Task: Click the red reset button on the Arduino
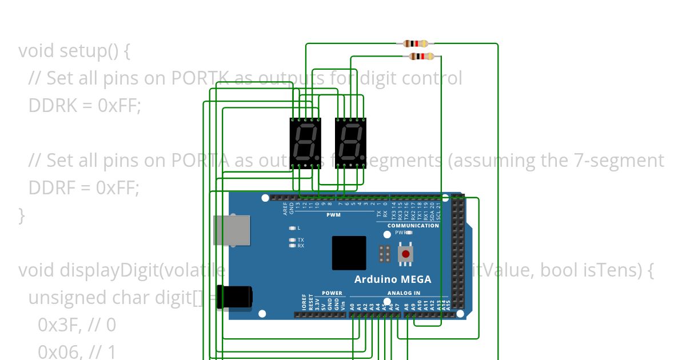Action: pos(406,254)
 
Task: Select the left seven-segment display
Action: pos(306,143)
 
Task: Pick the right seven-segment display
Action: pos(350,143)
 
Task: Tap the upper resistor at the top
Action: pos(416,43)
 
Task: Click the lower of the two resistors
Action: pos(422,56)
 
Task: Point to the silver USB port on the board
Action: pos(232,230)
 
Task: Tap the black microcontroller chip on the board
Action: pos(349,253)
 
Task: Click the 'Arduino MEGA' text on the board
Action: pos(393,279)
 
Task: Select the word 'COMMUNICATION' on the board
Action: pos(413,226)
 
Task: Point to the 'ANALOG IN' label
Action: pos(404,293)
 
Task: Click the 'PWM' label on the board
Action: pos(333,215)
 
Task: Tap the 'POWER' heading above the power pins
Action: pos(332,293)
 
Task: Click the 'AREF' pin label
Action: pos(285,209)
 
